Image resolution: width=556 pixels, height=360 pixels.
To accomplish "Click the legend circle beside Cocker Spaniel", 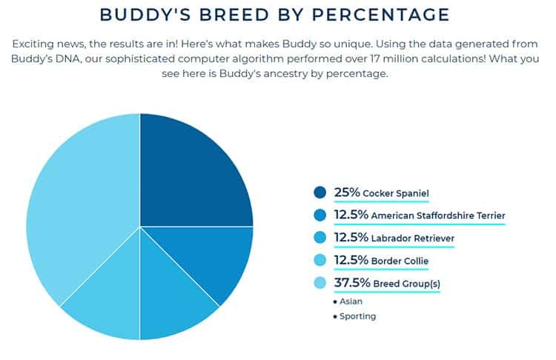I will tap(320, 193).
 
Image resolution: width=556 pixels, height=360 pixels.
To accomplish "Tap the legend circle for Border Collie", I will tap(320, 260).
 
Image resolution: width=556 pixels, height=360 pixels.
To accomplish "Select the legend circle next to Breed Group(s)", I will tap(320, 282).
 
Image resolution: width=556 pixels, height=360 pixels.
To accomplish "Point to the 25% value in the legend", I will tap(347, 193).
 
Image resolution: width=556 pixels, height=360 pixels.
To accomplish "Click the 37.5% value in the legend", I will tap(353, 282).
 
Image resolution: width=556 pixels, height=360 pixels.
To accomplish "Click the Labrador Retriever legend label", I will tap(413, 238).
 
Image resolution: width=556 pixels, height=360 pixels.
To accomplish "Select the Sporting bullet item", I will tap(357, 316).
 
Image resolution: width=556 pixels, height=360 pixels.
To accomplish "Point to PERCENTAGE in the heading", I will tap(390, 15).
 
